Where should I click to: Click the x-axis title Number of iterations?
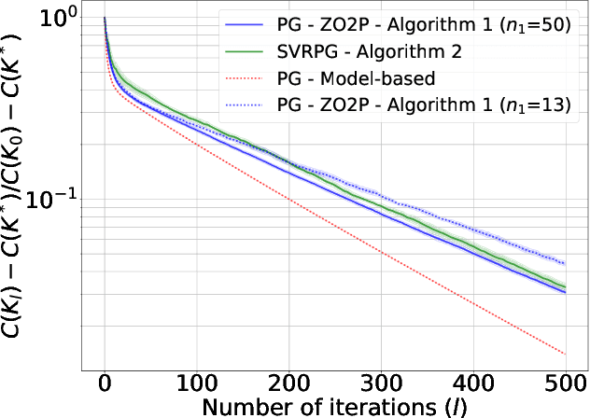point(331,406)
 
